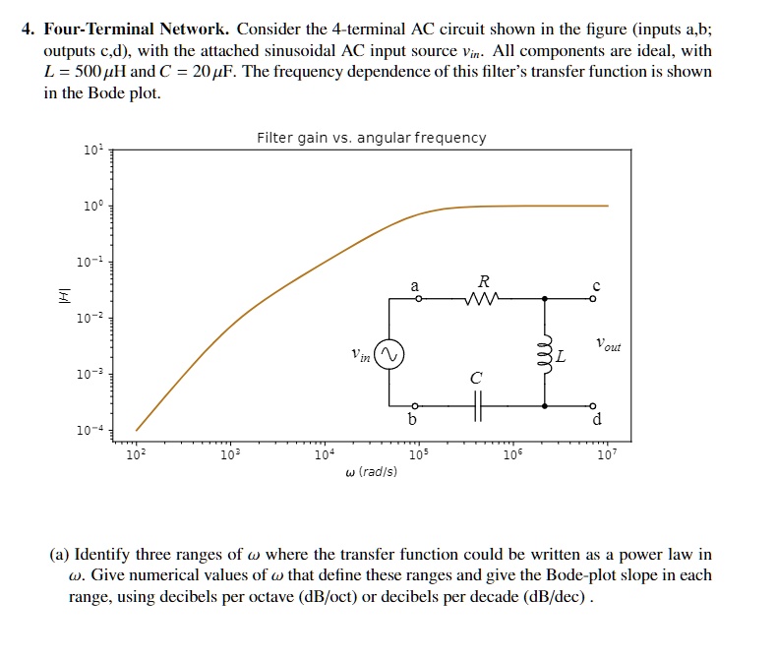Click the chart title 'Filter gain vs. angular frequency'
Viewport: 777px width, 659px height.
pos(371,138)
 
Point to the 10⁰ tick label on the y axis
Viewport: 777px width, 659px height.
pos(90,209)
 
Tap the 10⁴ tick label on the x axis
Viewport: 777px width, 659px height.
pos(324,455)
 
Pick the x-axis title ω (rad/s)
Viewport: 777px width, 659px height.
pos(371,472)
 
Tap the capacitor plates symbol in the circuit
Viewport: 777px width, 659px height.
pos(478,404)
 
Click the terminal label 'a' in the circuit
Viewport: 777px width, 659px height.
pos(414,284)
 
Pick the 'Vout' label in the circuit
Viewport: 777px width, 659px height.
pos(609,345)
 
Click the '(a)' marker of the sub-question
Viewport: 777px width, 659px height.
pos(59,555)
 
